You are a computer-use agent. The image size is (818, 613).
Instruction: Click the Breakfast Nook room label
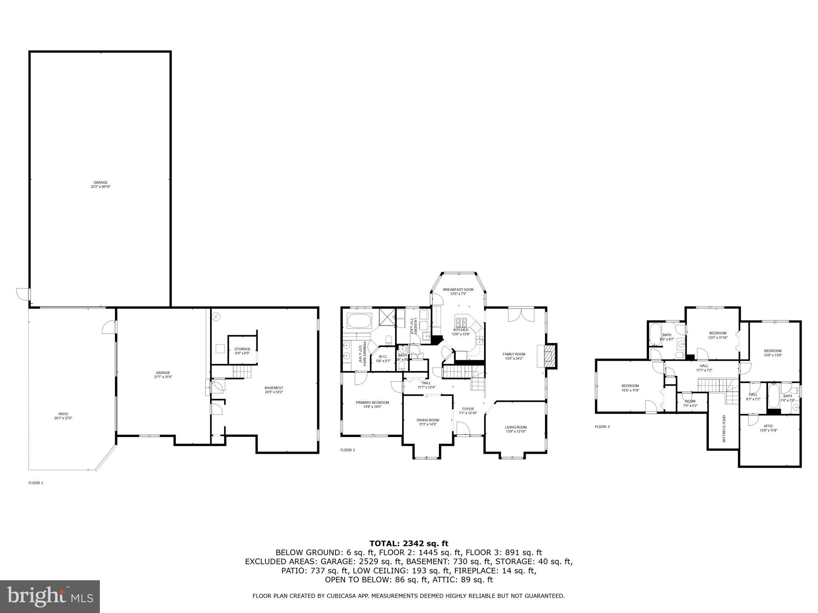458,289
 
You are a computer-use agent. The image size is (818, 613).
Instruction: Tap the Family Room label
514,354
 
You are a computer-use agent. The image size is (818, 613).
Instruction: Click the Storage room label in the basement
242,349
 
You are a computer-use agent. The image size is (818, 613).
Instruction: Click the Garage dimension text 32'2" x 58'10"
100,186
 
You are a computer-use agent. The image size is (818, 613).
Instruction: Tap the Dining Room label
427,420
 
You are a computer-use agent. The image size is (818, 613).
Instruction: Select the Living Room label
516,427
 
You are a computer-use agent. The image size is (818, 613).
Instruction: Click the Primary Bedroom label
372,402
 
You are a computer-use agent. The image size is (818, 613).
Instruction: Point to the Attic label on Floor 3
768,426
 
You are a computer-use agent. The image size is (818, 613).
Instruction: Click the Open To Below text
723,429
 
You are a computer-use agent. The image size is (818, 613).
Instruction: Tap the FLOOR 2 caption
347,450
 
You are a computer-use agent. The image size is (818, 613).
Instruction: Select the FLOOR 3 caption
602,427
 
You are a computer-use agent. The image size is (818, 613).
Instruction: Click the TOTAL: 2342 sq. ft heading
409,543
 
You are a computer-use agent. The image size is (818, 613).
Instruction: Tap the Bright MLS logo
50,596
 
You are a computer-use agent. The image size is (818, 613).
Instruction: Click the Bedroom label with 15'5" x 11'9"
630,386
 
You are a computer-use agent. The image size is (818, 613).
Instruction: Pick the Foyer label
468,409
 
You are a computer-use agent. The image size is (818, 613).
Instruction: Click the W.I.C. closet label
383,356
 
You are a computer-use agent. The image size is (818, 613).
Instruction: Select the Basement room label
274,388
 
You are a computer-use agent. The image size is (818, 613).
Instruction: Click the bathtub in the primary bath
359,320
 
